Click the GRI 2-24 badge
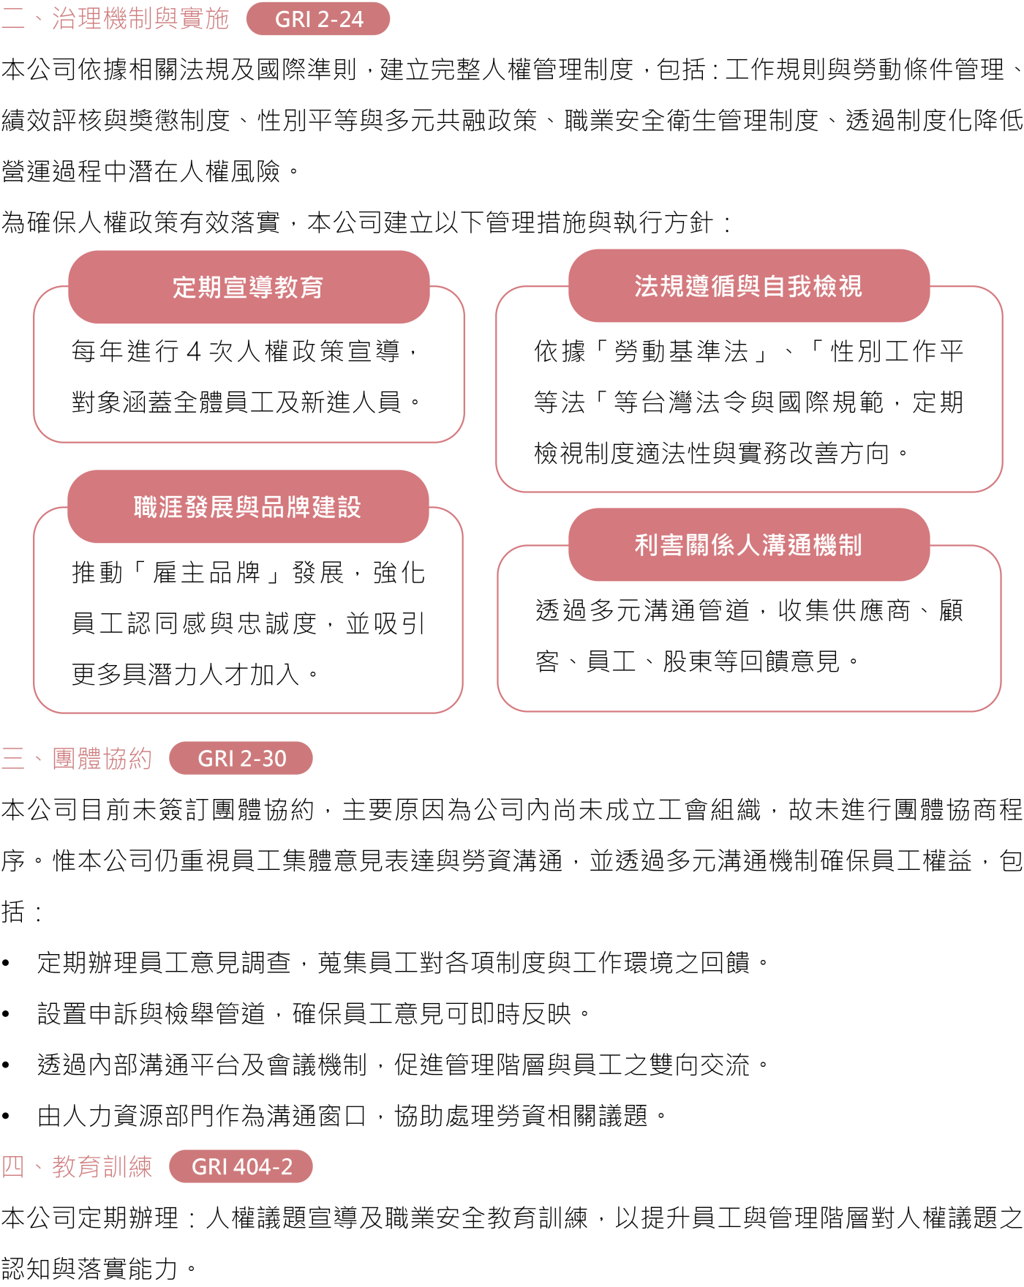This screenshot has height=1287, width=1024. point(318,19)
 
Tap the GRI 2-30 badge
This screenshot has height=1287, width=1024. point(241,758)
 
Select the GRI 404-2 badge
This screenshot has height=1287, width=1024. point(241,1166)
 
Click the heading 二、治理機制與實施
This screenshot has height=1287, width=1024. point(116,18)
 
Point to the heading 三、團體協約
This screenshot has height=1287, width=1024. point(77,758)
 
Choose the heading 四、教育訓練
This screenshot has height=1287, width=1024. point(77,1166)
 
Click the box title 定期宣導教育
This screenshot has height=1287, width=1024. point(248,288)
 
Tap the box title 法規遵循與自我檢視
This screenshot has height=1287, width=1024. point(748,286)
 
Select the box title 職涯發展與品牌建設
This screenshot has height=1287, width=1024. point(247,507)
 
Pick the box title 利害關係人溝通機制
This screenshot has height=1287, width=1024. point(748,545)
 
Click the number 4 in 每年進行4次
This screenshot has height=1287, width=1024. point(194,352)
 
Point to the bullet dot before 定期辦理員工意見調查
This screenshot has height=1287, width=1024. point(6,963)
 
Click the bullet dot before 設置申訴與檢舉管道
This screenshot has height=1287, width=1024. point(6,1014)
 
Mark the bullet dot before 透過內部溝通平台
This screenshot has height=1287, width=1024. point(6,1065)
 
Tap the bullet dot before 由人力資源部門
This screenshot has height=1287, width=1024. point(6,1117)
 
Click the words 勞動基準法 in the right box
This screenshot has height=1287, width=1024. point(682,351)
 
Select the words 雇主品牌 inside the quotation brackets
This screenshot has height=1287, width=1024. point(207,572)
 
